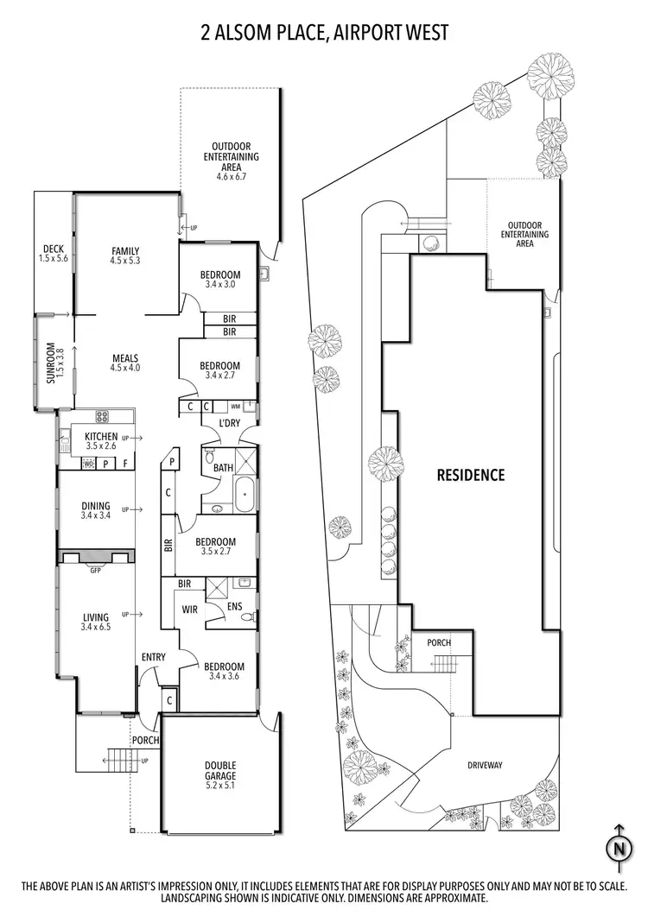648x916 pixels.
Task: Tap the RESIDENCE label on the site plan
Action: [x=470, y=475]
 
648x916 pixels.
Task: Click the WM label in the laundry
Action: [x=235, y=406]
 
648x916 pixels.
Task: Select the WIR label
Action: [x=191, y=609]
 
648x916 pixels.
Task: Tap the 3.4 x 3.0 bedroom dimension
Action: [x=222, y=284]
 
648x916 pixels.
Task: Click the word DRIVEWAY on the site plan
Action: [x=485, y=765]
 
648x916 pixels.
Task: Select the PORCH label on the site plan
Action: [x=439, y=643]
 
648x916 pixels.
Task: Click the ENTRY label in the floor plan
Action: [x=153, y=658]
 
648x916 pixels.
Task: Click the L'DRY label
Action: [x=228, y=423]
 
